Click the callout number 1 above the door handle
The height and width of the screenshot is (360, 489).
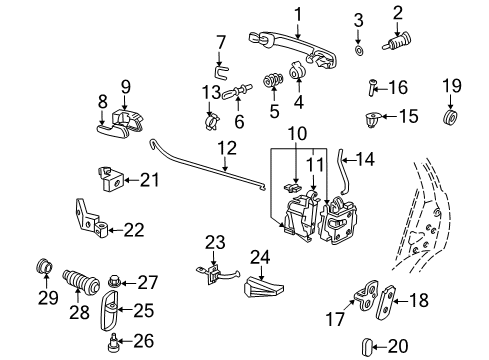click(298, 15)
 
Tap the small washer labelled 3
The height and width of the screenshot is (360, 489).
click(359, 51)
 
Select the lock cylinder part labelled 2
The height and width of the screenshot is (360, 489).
click(397, 42)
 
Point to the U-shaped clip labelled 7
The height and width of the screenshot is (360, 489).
click(221, 72)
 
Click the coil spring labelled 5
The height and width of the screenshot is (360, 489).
click(273, 80)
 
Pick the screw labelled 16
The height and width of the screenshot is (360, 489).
click(372, 87)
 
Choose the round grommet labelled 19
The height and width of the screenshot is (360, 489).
click(450, 117)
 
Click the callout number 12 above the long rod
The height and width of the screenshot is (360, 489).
click(227, 148)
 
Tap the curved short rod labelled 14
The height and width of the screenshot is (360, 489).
click(342, 171)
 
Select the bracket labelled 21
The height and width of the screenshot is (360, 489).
click(110, 179)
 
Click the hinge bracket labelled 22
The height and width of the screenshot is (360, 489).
click(91, 218)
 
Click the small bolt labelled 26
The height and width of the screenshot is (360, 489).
click(113, 343)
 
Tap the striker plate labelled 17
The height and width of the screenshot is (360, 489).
click(366, 295)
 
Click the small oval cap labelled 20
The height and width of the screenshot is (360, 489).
click(366, 347)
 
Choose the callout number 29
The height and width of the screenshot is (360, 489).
click(48, 298)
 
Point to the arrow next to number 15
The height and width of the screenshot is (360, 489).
click(388, 116)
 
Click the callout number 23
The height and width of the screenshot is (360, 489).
click(215, 242)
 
